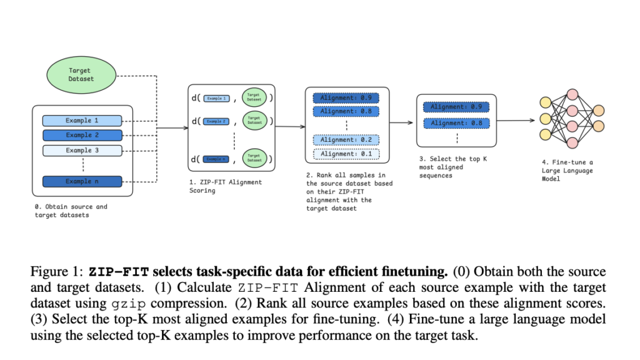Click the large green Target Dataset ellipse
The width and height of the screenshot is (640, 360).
pos(81,75)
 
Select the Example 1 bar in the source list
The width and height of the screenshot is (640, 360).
pos(82,121)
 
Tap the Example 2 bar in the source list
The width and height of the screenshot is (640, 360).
pos(82,135)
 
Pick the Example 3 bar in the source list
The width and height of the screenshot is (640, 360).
pos(82,151)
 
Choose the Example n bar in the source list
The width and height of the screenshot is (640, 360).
pos(82,182)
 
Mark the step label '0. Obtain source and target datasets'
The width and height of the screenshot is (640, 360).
pos(71,210)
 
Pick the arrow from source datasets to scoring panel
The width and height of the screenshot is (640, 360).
pos(172,129)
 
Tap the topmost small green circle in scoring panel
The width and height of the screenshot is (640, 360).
pos(254,98)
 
